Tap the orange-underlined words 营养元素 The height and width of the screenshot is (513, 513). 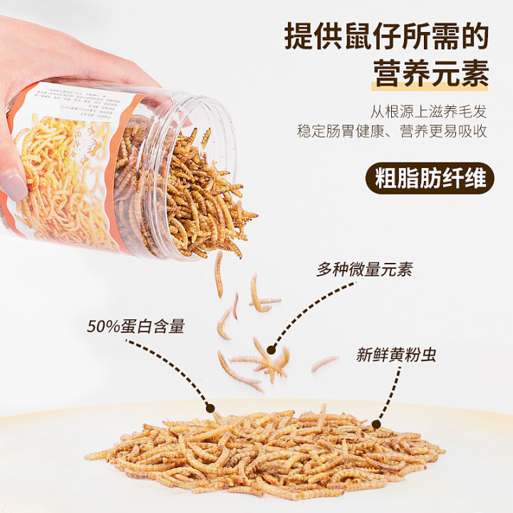[x=431, y=73]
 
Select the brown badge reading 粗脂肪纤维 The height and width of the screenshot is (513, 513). [x=430, y=178]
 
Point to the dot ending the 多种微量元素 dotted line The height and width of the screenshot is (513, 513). [x=271, y=349]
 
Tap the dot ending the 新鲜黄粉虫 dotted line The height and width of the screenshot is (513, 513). [x=375, y=424]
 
